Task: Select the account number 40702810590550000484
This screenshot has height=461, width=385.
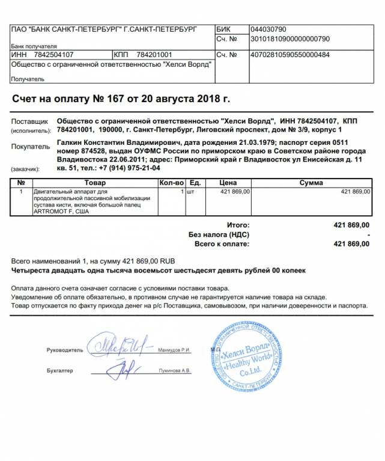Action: (289, 55)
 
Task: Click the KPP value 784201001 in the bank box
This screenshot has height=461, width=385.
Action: (154, 55)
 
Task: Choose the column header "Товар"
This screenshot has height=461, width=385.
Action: (95, 183)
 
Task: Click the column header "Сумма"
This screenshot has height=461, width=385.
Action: (311, 183)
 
